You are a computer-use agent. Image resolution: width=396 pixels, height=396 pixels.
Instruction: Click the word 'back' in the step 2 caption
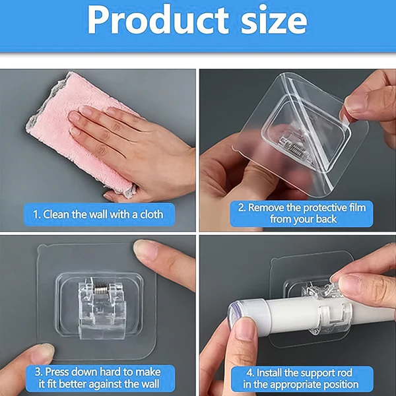(323, 219)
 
